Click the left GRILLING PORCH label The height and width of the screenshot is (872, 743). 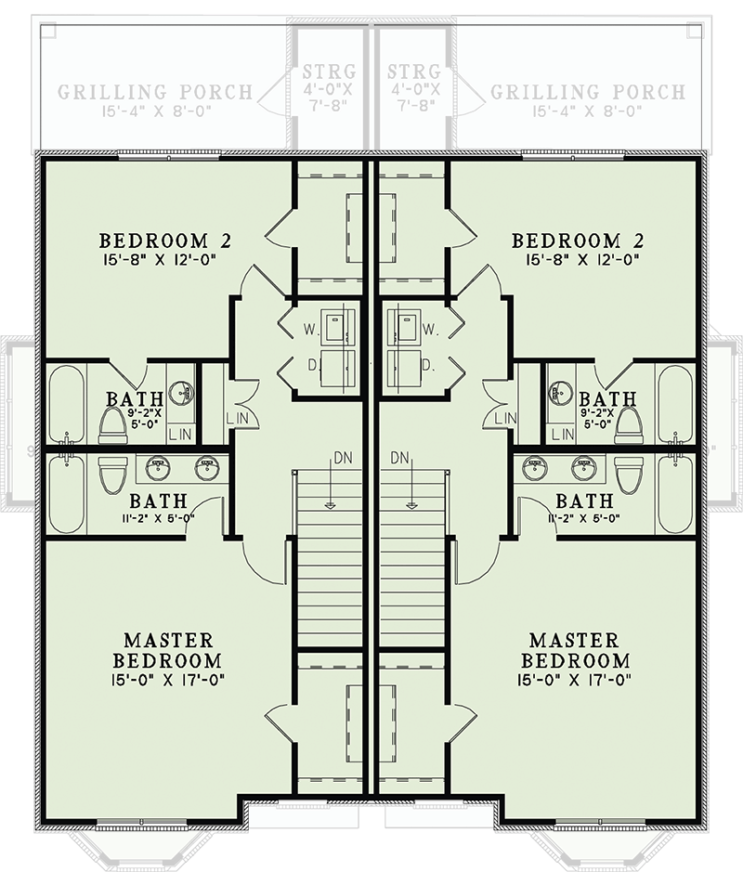point(155,93)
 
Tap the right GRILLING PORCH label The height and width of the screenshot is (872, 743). point(587,93)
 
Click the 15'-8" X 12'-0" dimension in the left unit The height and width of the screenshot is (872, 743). point(166,261)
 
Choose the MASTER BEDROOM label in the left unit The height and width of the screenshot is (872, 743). point(167,651)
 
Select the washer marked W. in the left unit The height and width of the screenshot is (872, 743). point(334,328)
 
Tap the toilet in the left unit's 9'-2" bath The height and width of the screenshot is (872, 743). point(113,423)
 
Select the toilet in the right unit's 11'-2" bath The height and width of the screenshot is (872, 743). point(630,475)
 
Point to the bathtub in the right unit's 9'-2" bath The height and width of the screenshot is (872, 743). point(675,403)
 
